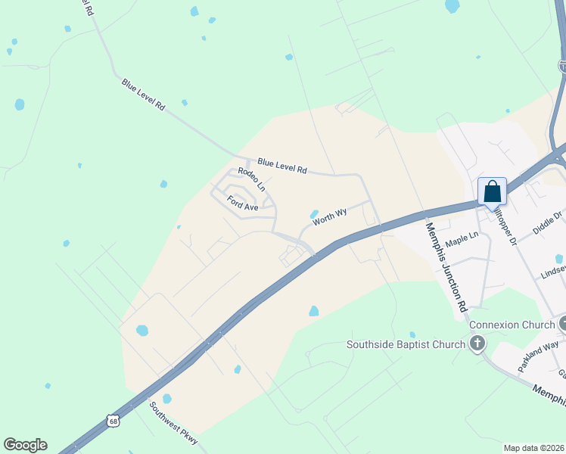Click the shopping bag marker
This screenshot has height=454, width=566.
pyautogui.click(x=492, y=191)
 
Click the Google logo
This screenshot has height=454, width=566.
pyautogui.click(x=25, y=445)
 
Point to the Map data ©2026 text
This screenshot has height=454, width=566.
pyautogui.click(x=533, y=448)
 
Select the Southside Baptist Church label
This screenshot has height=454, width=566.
pyautogui.click(x=406, y=345)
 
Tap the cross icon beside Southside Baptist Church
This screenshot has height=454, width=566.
pyautogui.click(x=477, y=345)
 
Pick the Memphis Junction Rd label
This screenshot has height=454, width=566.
pyautogui.click(x=446, y=267)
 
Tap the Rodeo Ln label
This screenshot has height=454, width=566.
pyautogui.click(x=252, y=179)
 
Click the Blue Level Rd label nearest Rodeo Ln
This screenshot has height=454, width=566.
pyautogui.click(x=281, y=166)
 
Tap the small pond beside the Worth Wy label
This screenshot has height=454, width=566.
pyautogui.click(x=313, y=213)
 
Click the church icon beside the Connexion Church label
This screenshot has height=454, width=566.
pyautogui.click(x=563, y=325)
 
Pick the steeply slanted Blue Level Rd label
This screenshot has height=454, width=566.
pyautogui.click(x=143, y=94)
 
